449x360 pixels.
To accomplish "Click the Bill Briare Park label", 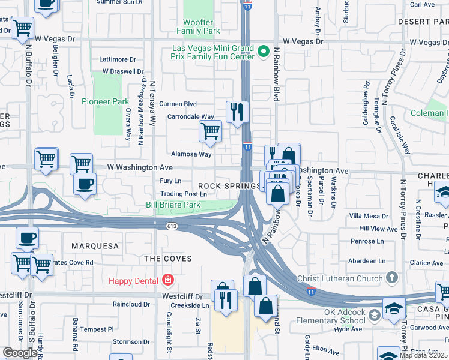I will pyautogui.click(x=173, y=205).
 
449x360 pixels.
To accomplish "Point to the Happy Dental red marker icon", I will pyautogui.click(x=167, y=280).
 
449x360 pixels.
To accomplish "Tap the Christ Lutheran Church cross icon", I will pyautogui.click(x=392, y=278).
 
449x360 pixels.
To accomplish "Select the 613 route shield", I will pyautogui.click(x=173, y=225).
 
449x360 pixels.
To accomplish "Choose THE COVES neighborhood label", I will pyautogui.click(x=168, y=259).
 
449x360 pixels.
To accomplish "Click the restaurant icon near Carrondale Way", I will pyautogui.click(x=237, y=111).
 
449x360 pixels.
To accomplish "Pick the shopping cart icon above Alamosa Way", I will pyautogui.click(x=210, y=131).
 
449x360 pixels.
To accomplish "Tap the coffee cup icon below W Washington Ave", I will pyautogui.click(x=85, y=183).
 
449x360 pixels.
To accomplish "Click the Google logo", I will pyautogui.click(x=20, y=353).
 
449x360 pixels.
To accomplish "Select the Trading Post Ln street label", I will pyautogui.click(x=184, y=194).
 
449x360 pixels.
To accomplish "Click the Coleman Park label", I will pyautogui.click(x=429, y=113).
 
